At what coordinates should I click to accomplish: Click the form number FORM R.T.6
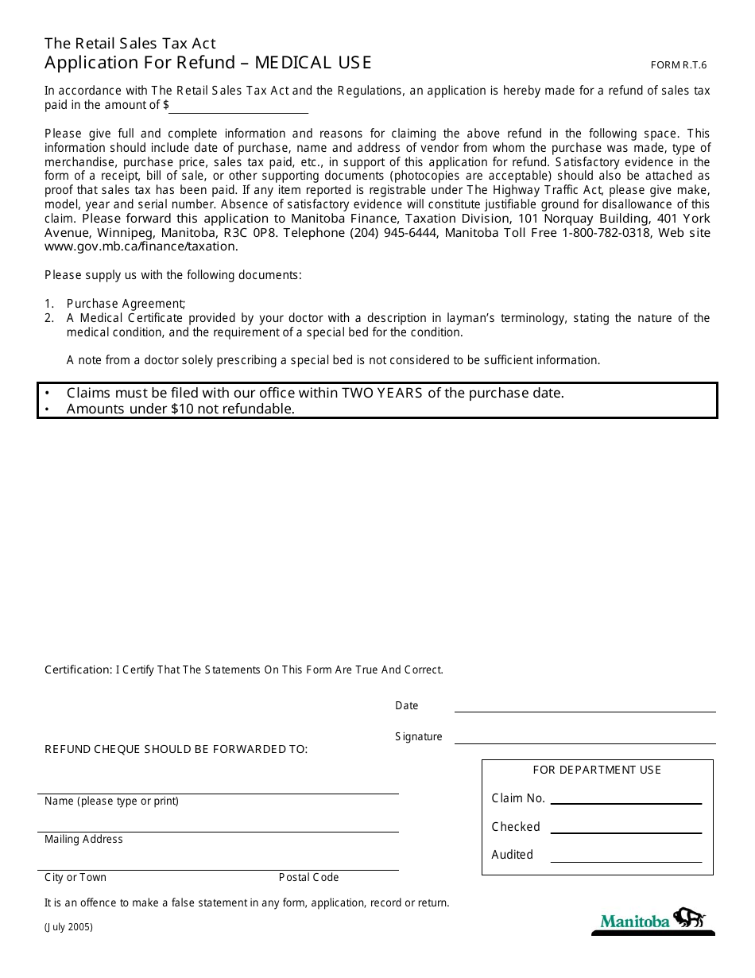[x=678, y=65]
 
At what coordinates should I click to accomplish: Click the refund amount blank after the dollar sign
[x=238, y=107]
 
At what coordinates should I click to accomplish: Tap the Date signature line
[x=584, y=706]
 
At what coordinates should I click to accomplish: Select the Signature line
[x=584, y=737]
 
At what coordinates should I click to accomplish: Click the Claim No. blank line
[x=625, y=799]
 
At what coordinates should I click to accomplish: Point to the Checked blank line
[x=625, y=828]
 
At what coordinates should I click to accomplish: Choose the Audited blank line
[x=625, y=856]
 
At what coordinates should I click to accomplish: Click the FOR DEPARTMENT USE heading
[x=597, y=770]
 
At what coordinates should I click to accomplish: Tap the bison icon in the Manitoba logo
[x=690, y=919]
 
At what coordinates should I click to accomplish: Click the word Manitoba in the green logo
[x=635, y=922]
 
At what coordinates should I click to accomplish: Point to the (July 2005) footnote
[x=68, y=927]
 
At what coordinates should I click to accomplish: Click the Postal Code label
[x=308, y=878]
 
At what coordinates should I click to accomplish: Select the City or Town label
[x=75, y=878]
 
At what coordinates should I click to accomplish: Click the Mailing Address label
[x=83, y=840]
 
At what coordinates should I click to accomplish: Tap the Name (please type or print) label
[x=111, y=801]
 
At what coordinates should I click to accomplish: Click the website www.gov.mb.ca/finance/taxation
[x=141, y=246]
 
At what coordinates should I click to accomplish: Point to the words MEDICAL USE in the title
[x=313, y=63]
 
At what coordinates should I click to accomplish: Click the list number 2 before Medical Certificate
[x=48, y=318]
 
